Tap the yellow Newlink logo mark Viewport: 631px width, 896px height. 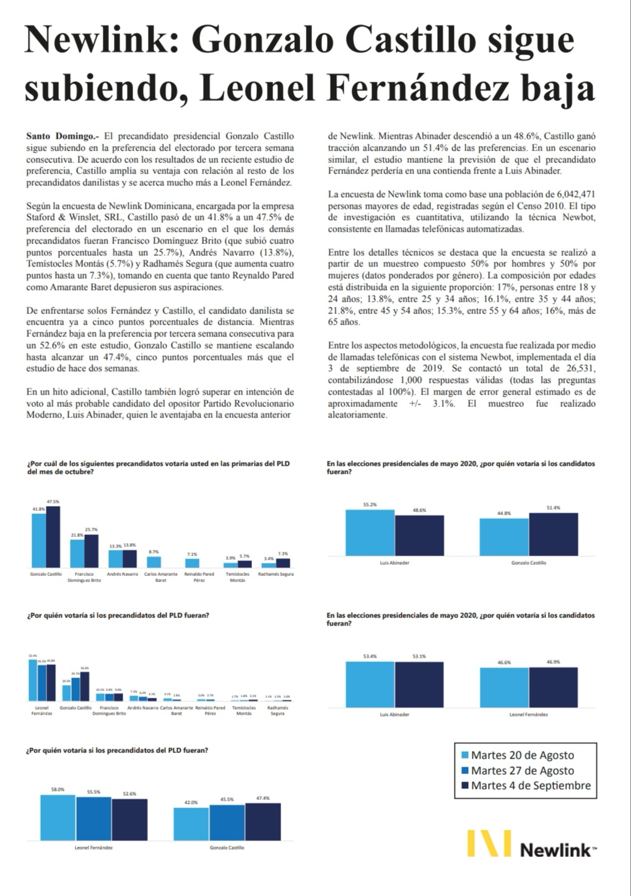(489, 844)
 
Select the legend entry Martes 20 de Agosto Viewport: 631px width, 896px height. (522, 755)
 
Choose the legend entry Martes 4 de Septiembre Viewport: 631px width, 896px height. (531, 786)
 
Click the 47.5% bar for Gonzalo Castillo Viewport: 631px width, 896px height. (53, 537)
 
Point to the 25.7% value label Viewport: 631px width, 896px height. (91, 530)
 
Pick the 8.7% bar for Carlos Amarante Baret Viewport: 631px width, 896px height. (154, 562)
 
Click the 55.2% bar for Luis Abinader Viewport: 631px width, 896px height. (370, 533)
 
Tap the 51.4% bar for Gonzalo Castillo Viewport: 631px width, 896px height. (553, 534)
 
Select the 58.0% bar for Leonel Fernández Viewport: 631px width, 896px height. (58, 817)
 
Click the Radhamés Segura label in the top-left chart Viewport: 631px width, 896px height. (276, 574)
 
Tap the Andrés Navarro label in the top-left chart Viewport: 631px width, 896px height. (123, 574)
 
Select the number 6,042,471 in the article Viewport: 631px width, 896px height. (570, 194)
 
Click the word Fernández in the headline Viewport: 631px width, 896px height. (419, 89)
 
